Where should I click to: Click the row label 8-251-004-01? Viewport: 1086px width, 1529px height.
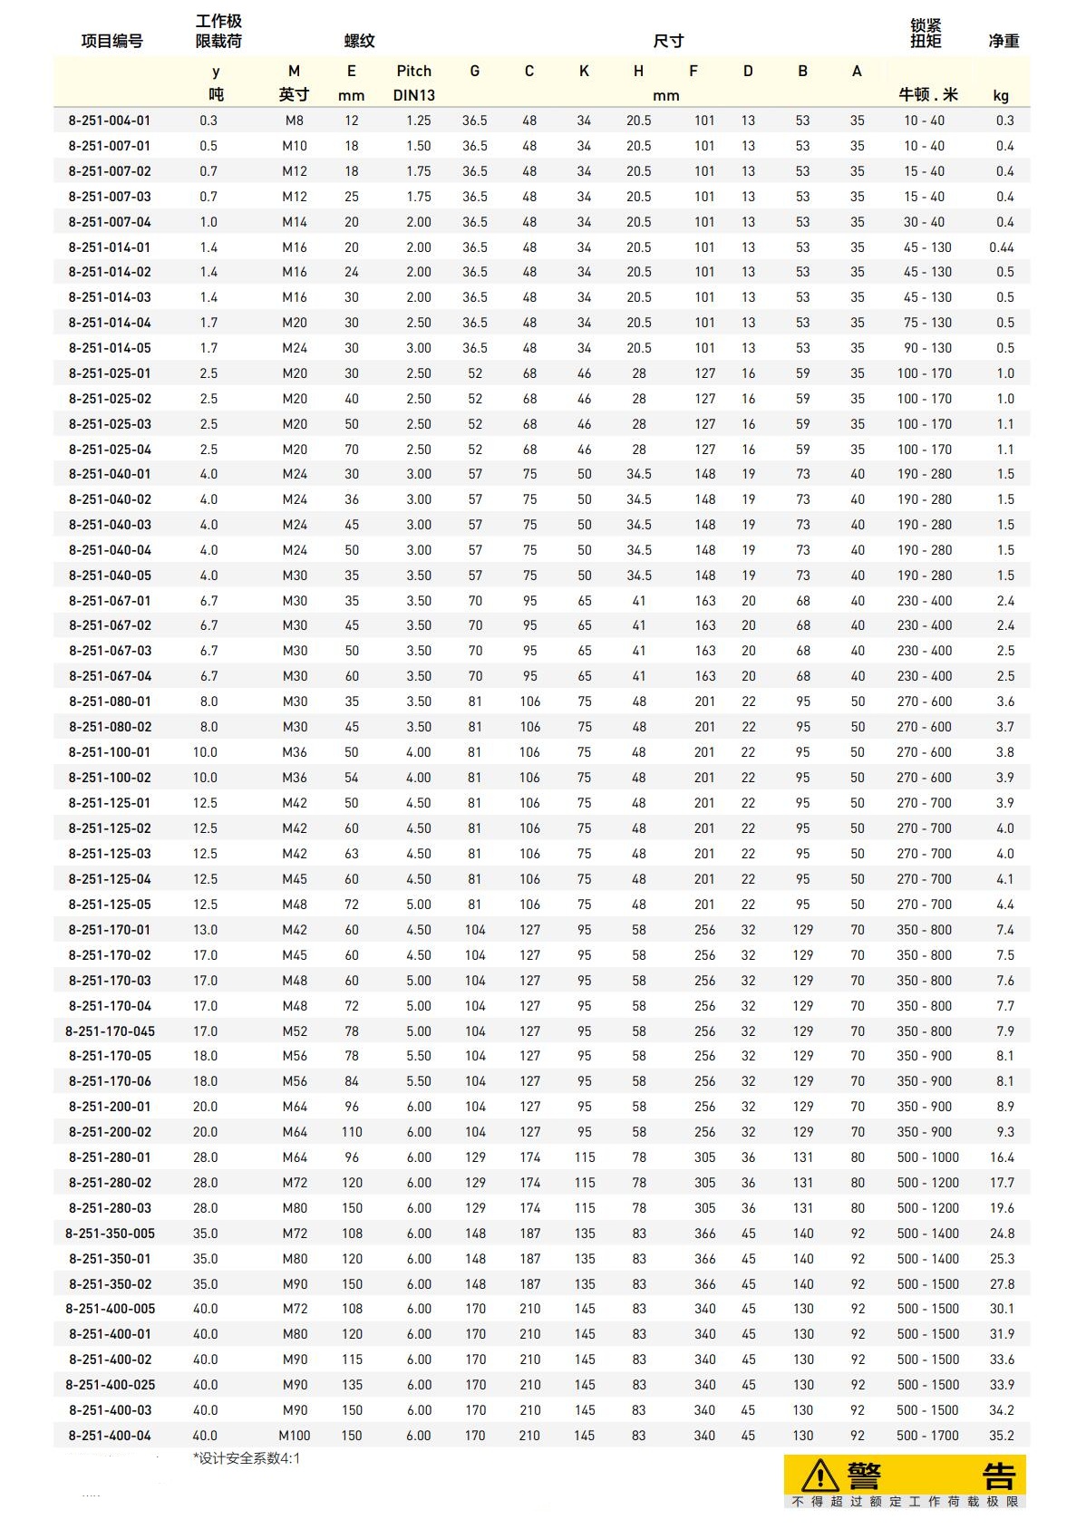pos(110,121)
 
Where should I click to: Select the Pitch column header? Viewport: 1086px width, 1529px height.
pos(413,71)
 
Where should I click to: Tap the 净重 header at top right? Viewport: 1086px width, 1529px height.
pos(1004,41)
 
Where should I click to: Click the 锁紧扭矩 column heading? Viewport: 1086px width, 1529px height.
pos(926,34)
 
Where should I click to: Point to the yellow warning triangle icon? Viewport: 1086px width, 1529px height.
pos(820,1475)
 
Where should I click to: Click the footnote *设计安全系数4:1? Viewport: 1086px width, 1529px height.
pos(247,1458)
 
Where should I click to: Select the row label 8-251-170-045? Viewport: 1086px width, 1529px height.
pos(110,1031)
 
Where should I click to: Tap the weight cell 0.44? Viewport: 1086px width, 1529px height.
pos(1002,247)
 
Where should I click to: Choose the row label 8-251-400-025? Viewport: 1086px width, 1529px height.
pos(110,1385)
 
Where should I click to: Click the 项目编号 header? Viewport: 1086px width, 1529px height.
pos(112,41)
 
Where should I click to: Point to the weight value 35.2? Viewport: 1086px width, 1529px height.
pos(1002,1436)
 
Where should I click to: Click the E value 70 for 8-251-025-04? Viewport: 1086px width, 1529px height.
pos(352,450)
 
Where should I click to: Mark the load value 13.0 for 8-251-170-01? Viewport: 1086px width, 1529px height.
pos(205,930)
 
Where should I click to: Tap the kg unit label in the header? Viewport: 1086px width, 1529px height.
pos(1001,95)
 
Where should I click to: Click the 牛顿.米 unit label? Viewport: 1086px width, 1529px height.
pos(927,95)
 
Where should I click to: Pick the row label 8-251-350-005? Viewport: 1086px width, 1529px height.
pos(110,1234)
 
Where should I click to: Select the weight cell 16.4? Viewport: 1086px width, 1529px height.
pos(1002,1157)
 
